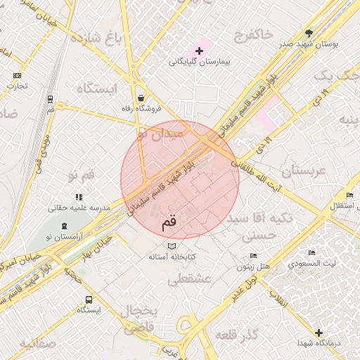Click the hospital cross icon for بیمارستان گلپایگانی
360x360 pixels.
tap(200, 51)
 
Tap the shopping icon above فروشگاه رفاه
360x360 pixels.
tap(142, 98)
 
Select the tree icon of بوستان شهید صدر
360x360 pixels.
tap(309, 32)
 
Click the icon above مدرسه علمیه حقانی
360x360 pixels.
tap(79, 197)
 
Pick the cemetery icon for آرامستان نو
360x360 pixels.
tap(65, 226)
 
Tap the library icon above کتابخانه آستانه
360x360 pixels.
tap(172, 246)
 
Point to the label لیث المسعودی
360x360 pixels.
tap(311, 264)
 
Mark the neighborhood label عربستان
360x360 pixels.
tap(304, 171)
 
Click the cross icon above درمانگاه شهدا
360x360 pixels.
tap(319, 332)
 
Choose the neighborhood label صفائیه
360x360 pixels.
tap(37, 344)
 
